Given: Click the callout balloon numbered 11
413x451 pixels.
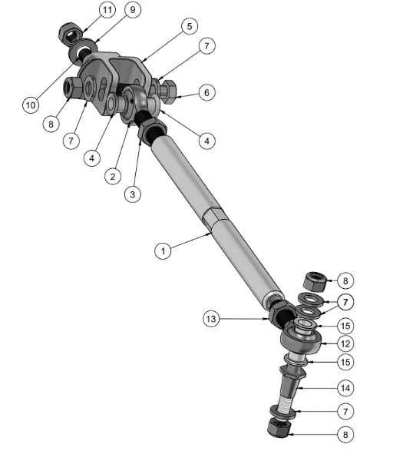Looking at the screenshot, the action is pos(107,10).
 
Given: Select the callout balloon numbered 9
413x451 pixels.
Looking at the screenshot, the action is pos(133,10).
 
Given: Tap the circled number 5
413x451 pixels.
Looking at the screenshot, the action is pos(190,26).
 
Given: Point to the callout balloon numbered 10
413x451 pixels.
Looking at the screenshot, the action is pos(31,105).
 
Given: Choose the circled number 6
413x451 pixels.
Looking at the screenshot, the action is pos(206,93).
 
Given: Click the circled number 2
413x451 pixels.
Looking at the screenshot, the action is pos(113,176).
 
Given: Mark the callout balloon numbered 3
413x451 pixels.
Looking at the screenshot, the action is pos(133,194).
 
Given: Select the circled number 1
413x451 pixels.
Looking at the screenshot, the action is pos(163,250).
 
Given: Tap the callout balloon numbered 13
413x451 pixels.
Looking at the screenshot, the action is pos(211,319).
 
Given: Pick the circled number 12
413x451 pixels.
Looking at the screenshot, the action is pos(345,343).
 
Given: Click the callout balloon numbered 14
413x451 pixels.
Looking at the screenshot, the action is pos(345,388).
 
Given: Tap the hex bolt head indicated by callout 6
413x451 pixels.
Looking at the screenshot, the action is pos(167,91).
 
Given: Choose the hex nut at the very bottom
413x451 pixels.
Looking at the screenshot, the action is pos(279,427).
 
